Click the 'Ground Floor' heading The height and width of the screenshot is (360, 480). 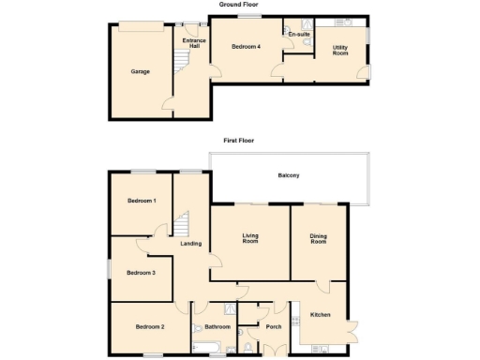(238, 5)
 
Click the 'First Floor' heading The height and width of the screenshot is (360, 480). (238, 140)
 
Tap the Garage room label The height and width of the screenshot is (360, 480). (139, 71)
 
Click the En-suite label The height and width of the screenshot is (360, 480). (299, 35)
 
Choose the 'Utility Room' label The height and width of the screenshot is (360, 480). (340, 50)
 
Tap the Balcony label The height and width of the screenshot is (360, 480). (288, 175)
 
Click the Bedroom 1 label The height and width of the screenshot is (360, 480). (142, 201)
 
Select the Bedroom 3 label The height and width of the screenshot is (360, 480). (141, 273)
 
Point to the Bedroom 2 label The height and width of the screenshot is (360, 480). (149, 326)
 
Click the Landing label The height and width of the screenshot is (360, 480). (190, 245)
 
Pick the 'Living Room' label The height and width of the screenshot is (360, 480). (249, 239)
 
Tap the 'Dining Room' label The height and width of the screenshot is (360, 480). (319, 239)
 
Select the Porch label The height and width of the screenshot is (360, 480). (274, 326)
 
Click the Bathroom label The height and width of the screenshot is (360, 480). (217, 326)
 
